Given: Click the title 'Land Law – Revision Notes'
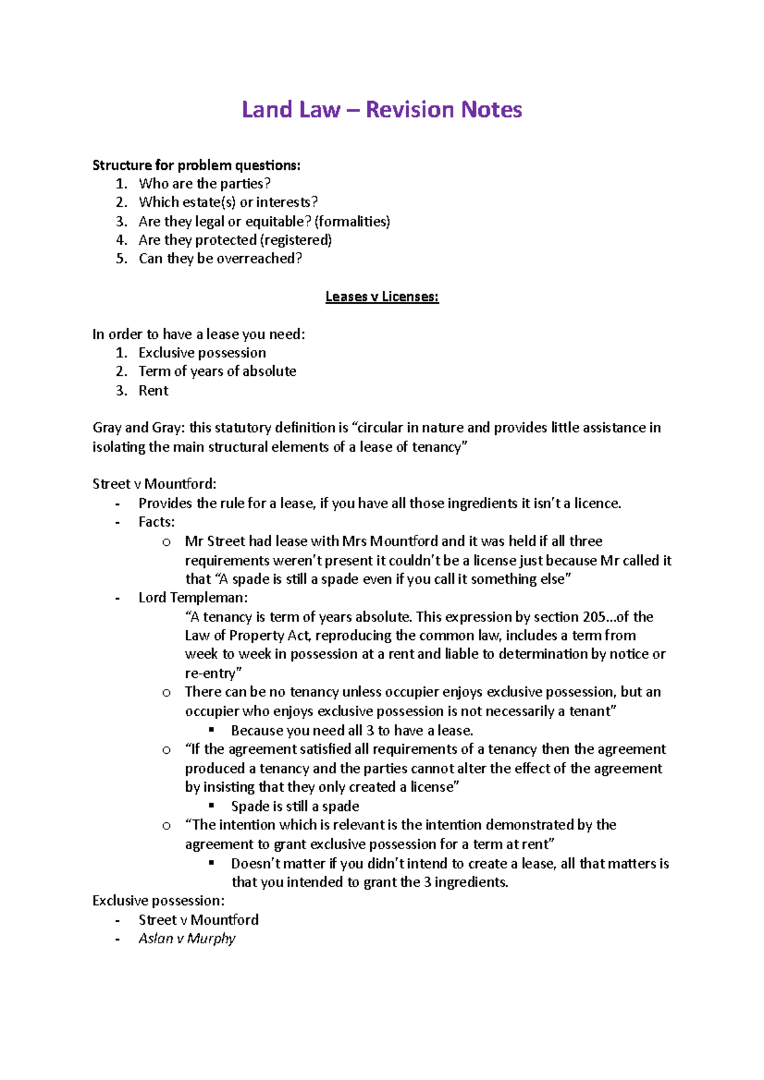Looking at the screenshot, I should point(382,110).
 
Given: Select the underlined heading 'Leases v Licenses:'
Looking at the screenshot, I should point(382,296).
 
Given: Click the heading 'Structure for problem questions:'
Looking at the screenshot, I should point(196,165).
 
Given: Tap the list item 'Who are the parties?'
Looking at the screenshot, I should point(204,184).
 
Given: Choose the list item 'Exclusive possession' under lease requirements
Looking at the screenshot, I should point(202,353).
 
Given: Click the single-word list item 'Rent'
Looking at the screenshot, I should point(153,391).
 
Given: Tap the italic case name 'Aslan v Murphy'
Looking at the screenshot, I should point(187,939).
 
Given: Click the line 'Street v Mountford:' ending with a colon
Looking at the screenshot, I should point(154,484).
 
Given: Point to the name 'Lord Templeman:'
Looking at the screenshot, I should point(193,598).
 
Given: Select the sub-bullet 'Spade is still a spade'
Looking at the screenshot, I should point(295,807).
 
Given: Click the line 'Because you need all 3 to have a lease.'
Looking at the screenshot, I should point(352,731).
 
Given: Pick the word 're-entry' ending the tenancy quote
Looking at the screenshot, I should point(210,674).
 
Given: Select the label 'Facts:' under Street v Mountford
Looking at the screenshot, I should point(157,522).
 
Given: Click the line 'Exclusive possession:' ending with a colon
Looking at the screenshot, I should point(159,901).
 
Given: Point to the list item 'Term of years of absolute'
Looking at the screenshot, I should point(217,371).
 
